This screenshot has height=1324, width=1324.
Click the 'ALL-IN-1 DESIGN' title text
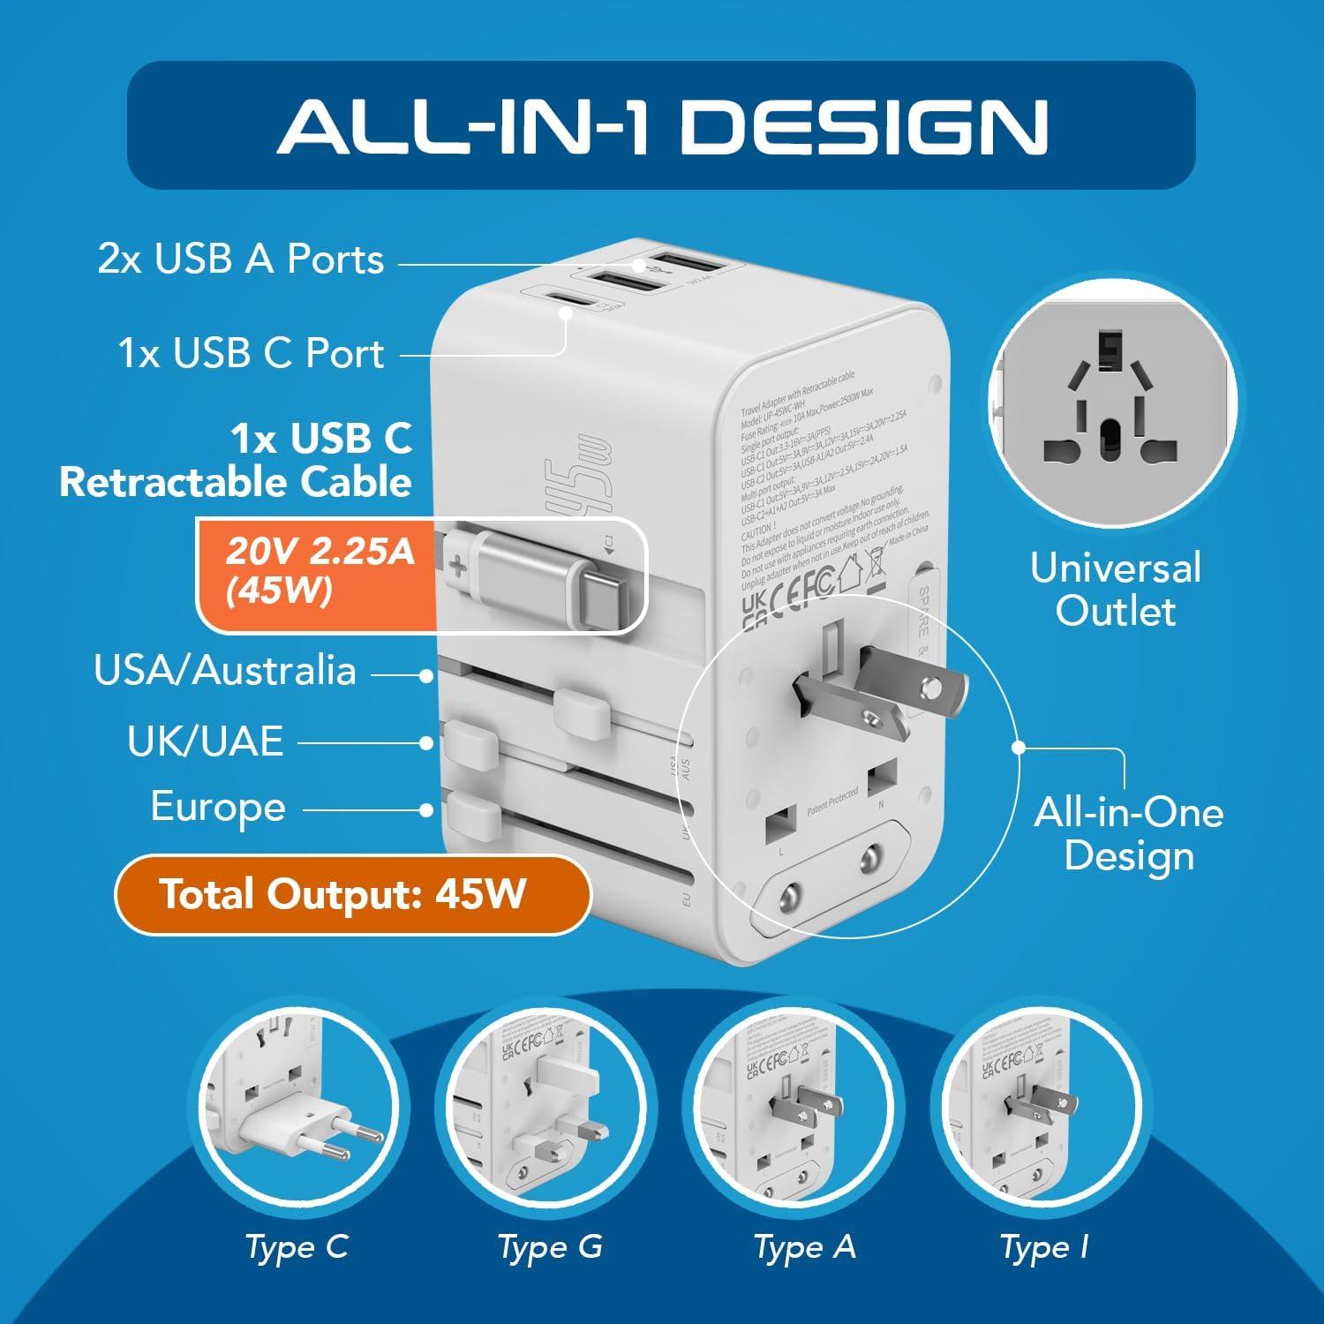point(662,126)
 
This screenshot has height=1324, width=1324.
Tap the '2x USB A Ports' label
point(241,260)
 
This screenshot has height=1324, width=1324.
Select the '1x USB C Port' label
point(252,353)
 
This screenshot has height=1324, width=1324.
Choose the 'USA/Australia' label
point(225,671)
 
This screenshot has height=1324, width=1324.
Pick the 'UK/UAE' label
point(205,741)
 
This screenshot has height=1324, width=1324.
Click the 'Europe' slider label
point(218,808)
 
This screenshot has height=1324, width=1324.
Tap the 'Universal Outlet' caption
point(1116,589)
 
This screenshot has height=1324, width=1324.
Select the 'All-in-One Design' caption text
point(1129,833)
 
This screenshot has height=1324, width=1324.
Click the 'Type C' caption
point(297,1247)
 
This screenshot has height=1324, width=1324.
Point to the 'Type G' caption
point(550,1247)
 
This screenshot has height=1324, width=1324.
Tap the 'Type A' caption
point(804,1247)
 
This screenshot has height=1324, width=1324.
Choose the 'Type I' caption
point(1044,1247)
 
